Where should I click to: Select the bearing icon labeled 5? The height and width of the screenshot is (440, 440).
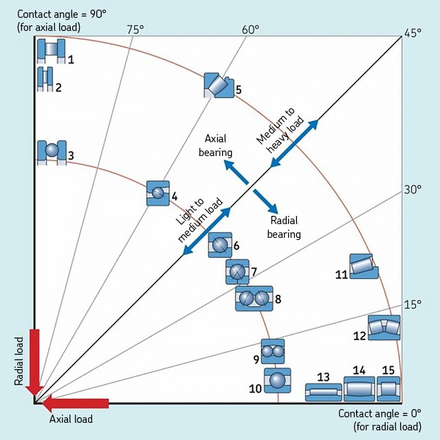(219, 85)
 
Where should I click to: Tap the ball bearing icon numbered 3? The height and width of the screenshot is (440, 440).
(51, 151)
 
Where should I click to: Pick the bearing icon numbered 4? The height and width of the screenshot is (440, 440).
(158, 193)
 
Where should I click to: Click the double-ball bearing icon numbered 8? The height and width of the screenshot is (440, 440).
(254, 298)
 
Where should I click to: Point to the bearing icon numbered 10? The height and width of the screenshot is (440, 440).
(277, 381)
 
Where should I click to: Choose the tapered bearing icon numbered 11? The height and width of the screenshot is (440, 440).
(364, 266)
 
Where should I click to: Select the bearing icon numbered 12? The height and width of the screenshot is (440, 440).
(384, 327)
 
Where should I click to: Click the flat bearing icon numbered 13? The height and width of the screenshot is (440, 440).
(323, 392)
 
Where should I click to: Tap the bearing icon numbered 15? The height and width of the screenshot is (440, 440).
(388, 389)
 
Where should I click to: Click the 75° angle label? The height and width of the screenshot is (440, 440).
(135, 29)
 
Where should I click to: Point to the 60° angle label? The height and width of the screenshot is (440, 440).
(250, 29)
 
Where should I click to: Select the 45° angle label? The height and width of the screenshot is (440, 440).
(412, 32)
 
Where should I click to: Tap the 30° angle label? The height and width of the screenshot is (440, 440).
(412, 190)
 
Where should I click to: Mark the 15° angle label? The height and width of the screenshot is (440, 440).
(412, 304)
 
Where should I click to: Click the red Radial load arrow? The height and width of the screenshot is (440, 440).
(34, 361)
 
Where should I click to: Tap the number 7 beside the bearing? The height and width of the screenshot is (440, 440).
(254, 271)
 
